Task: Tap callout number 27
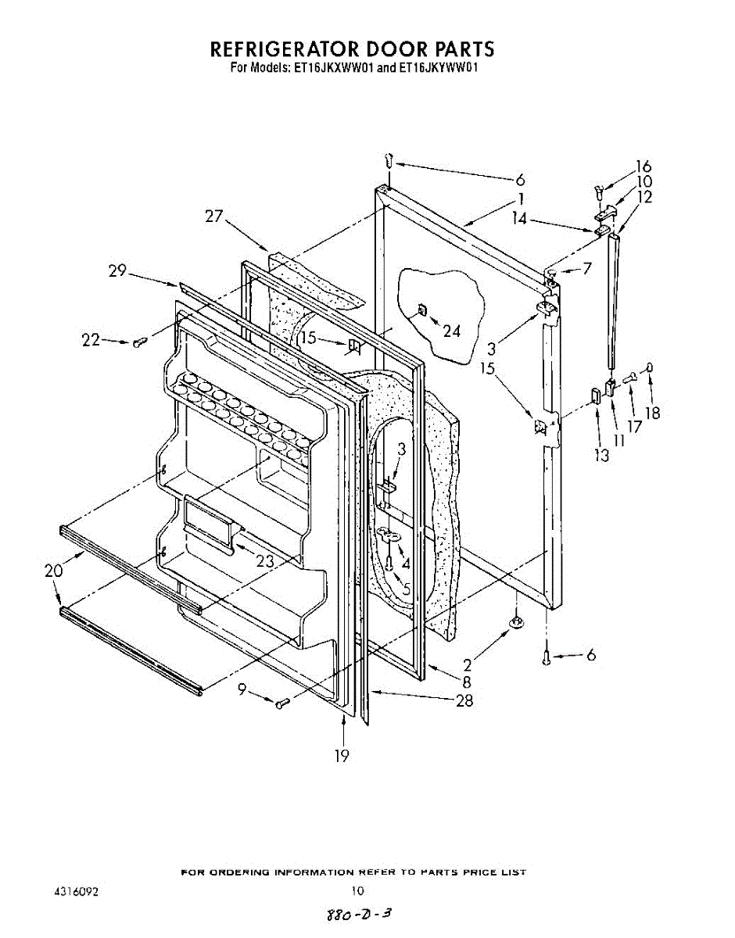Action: point(214,217)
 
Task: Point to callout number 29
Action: point(117,271)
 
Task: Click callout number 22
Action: point(91,340)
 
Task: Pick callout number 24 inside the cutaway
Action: point(451,330)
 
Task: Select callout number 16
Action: point(643,166)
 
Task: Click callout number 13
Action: point(601,456)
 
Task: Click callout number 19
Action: point(342,755)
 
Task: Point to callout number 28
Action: point(464,700)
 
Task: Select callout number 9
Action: point(242,689)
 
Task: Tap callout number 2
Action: point(467,665)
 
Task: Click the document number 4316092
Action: point(76,890)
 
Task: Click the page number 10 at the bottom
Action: point(357,890)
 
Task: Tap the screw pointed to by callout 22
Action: point(140,342)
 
